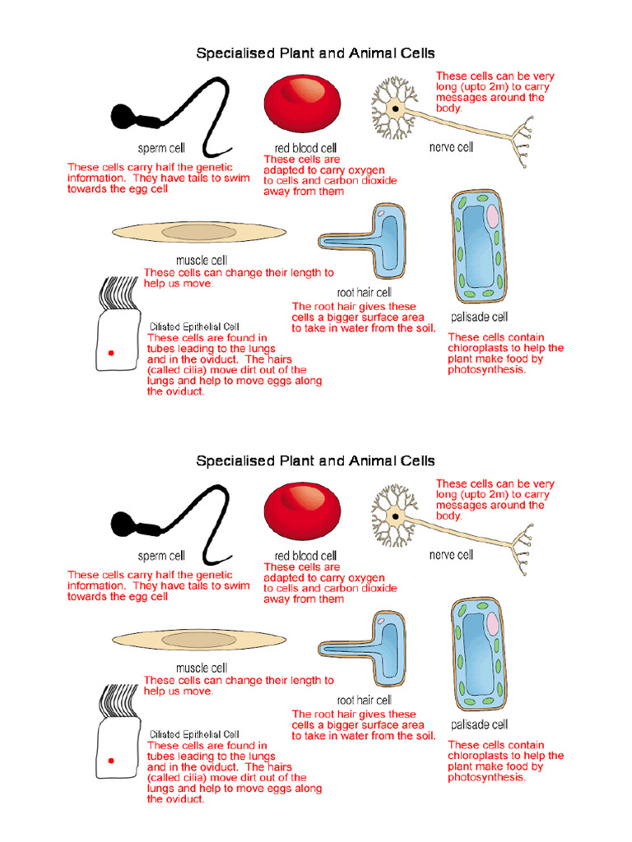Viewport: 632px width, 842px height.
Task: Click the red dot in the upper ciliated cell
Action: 110,354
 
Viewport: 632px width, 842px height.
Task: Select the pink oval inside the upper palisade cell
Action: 492,216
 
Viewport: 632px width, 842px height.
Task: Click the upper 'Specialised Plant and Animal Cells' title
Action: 315,53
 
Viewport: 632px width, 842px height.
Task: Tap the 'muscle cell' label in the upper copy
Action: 202,261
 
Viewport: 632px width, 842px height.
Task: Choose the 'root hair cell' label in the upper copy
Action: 364,292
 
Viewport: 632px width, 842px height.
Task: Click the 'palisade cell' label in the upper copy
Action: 479,317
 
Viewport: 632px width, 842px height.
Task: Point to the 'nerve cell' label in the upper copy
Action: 451,147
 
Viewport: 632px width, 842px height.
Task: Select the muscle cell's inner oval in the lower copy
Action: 199,640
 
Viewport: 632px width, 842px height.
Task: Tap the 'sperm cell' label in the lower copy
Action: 161,556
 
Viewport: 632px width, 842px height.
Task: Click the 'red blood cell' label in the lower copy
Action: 305,556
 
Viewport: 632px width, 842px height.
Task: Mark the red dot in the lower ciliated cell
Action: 110,761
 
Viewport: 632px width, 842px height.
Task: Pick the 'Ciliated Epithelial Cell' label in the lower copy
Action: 194,734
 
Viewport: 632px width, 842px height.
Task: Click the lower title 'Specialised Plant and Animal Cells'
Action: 315,461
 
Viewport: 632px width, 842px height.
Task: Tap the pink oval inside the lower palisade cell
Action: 492,624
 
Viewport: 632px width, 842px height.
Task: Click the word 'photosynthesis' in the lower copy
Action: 486,777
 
